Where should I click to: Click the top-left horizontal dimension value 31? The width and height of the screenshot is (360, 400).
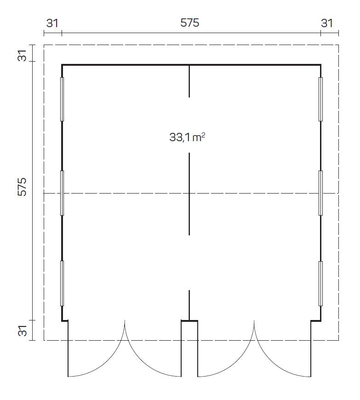click(53, 23)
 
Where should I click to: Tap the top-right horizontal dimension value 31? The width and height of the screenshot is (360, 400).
click(326, 23)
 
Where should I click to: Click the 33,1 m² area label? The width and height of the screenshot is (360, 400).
click(187, 137)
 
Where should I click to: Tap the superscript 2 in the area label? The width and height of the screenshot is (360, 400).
click(203, 134)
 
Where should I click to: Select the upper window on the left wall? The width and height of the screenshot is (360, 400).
click(62, 99)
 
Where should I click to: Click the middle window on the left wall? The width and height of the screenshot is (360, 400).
click(62, 193)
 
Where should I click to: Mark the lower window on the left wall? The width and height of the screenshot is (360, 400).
click(62, 283)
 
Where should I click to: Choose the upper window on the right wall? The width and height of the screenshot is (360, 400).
click(320, 99)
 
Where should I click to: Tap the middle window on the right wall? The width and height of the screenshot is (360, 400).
click(320, 193)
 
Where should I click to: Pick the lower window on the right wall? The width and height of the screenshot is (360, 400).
click(320, 283)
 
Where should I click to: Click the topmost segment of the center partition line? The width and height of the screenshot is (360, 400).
click(189, 81)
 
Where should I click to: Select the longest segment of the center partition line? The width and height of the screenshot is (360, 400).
click(189, 194)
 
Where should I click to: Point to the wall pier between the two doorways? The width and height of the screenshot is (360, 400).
click(189, 348)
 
